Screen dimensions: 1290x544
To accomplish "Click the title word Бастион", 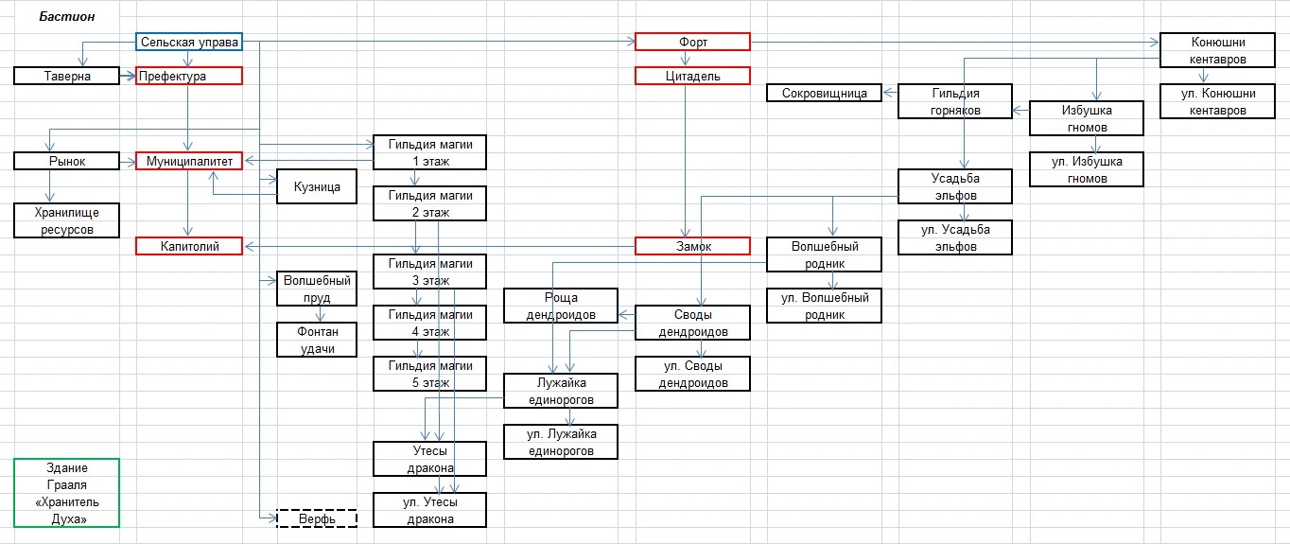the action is (67, 17).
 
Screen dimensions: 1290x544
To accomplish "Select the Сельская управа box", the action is (189, 42).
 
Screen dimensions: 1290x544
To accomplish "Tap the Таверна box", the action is (67, 76).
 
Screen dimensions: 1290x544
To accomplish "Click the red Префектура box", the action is (189, 76).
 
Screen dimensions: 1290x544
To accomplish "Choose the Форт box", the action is (693, 42).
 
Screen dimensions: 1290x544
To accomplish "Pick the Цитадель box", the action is (693, 76).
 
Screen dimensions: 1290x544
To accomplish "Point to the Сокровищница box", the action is (824, 93).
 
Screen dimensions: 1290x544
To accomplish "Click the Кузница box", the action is (317, 186).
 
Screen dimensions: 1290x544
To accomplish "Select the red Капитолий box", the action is (189, 246).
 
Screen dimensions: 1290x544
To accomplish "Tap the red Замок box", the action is (693, 246).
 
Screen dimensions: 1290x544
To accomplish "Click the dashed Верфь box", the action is (317, 518).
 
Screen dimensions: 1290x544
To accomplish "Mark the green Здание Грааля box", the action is (67, 493).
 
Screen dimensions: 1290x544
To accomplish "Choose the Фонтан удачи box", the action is (317, 340).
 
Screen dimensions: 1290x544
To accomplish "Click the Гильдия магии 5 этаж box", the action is (429, 374).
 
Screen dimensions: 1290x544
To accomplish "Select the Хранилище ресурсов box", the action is (67, 220).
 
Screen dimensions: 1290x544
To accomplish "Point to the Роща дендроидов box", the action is (561, 306).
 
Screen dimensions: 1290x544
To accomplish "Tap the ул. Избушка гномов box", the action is (1087, 169).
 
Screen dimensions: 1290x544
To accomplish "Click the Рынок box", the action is (67, 161).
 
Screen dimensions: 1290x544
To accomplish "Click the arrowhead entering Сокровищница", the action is (889, 93).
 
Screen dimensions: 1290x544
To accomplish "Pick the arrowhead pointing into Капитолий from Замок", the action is (250, 247).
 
